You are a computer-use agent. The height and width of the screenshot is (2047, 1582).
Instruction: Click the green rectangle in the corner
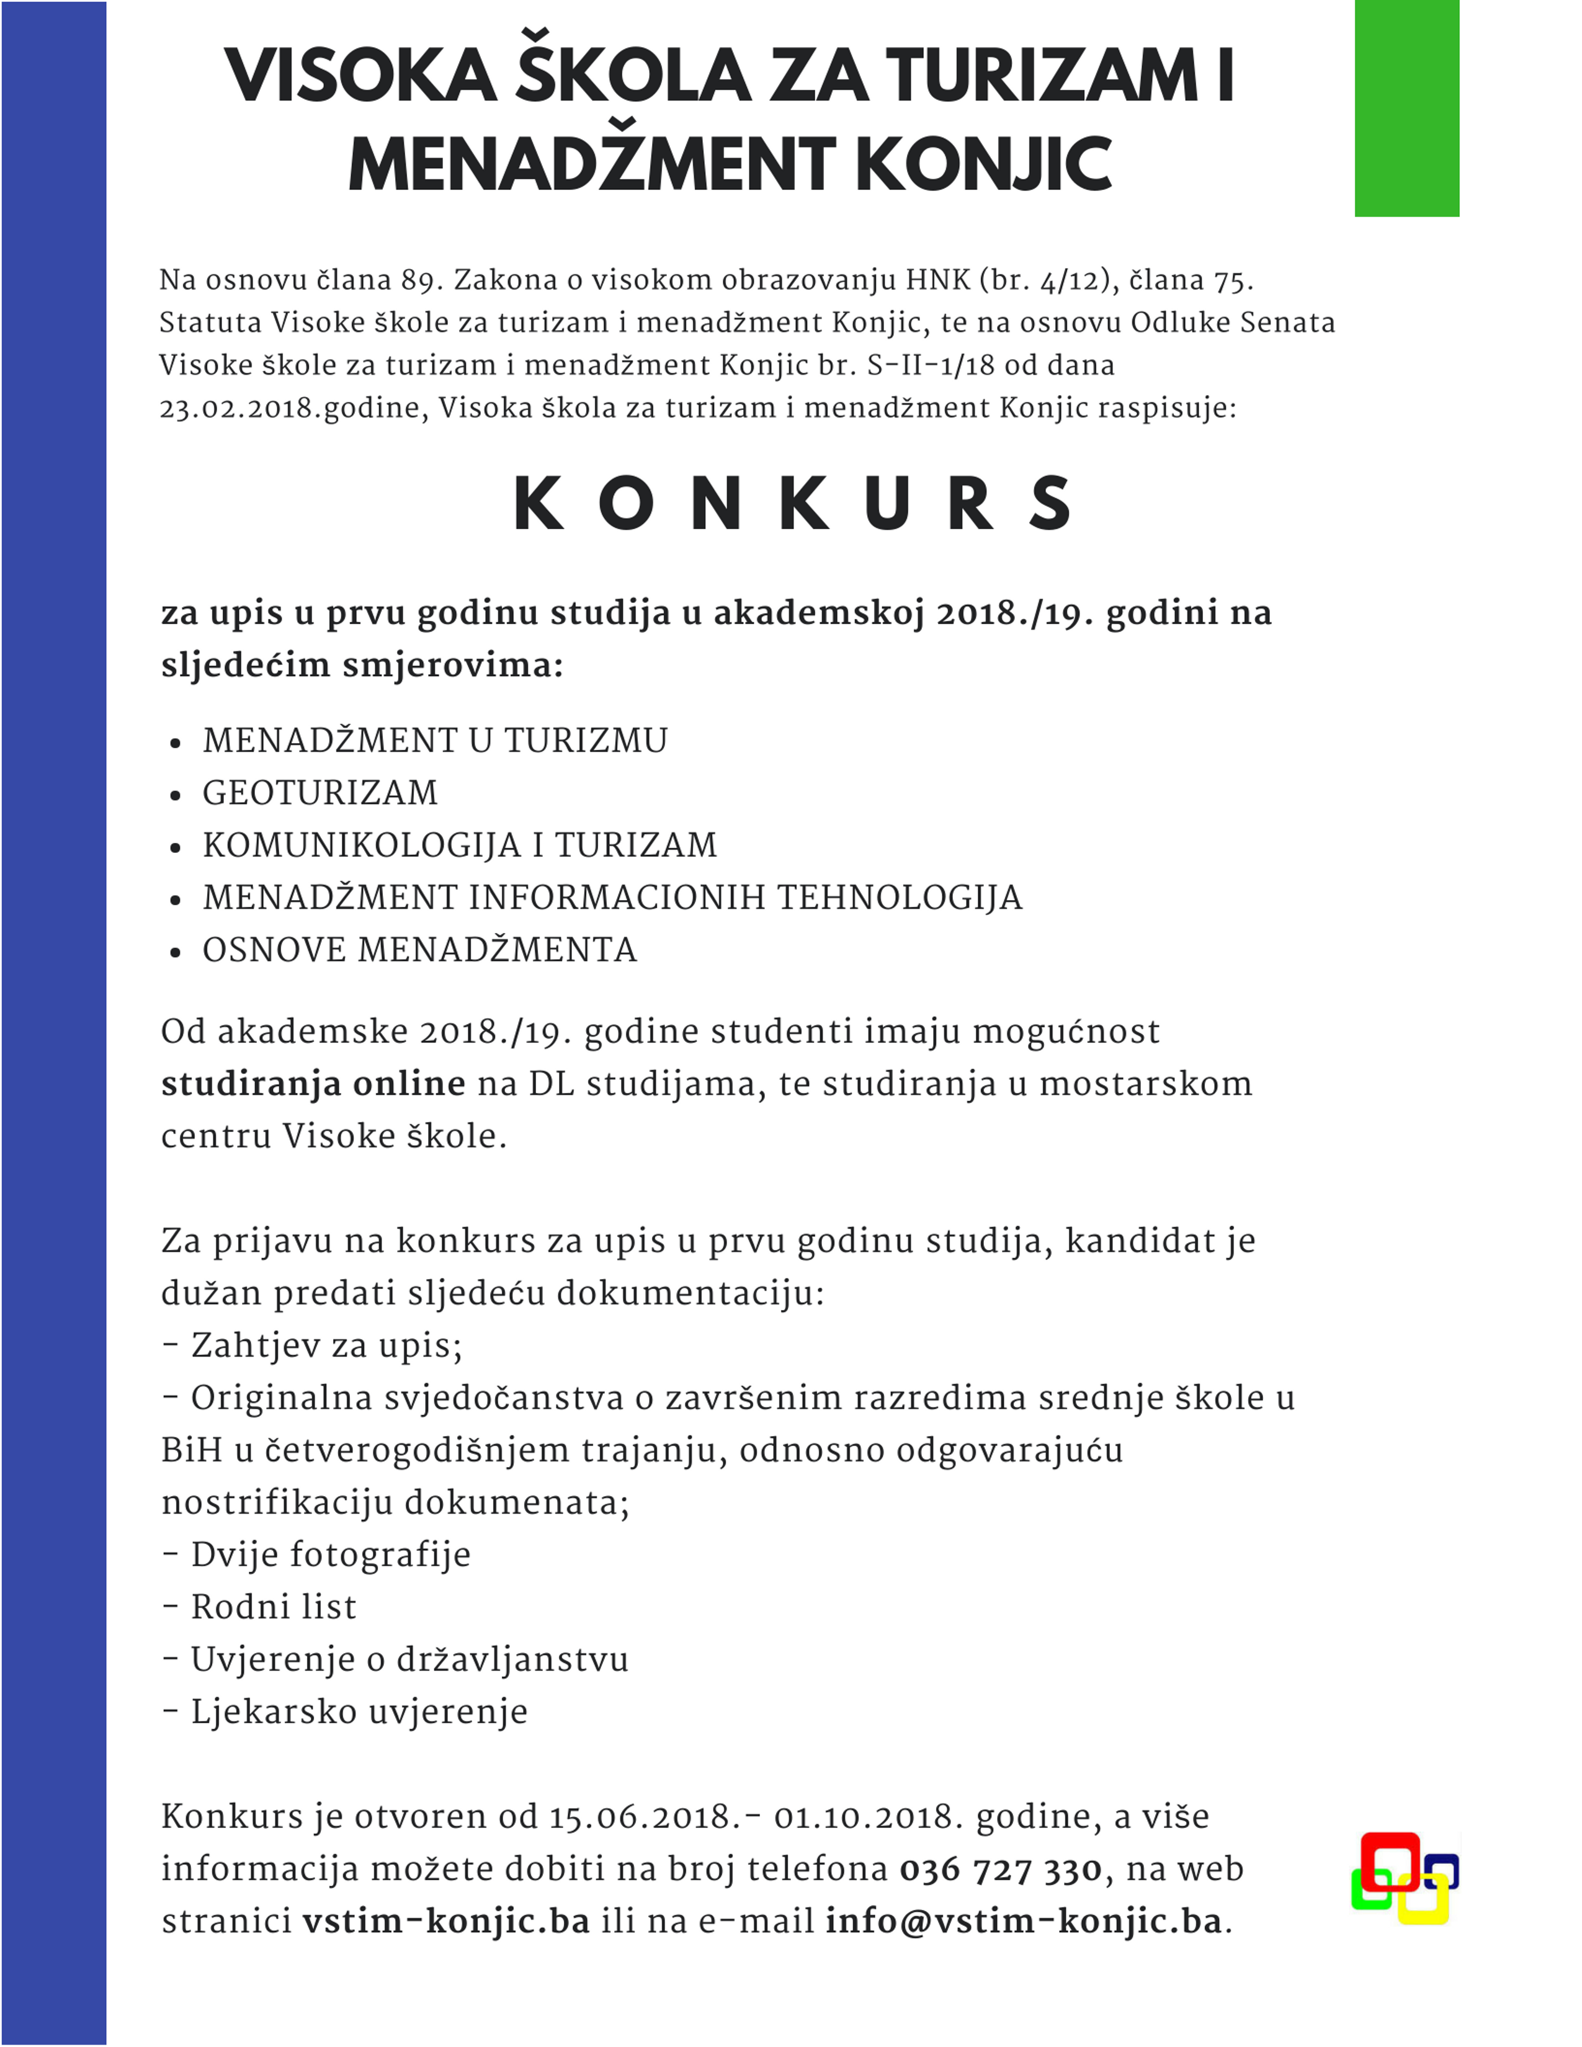click(x=1406, y=108)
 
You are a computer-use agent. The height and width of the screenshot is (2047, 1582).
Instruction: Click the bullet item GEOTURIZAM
click(x=320, y=793)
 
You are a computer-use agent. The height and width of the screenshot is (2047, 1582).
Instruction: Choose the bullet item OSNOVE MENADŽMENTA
click(x=419, y=950)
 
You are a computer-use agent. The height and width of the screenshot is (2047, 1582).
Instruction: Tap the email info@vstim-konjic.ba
click(x=1024, y=1922)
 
